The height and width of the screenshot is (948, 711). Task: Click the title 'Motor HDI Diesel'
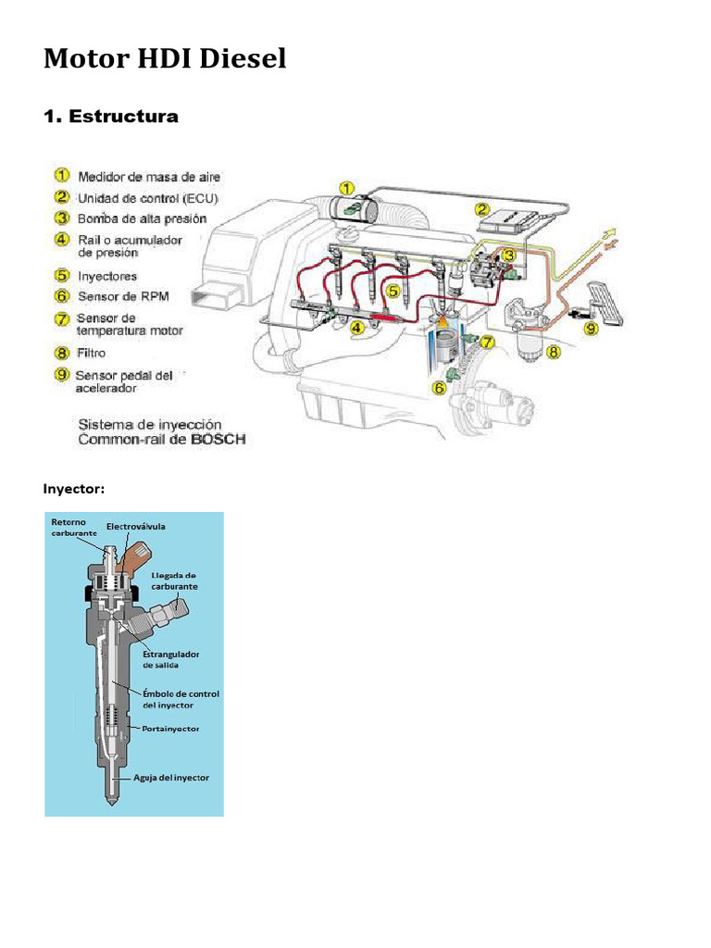[x=166, y=59]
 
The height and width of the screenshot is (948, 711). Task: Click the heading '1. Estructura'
[x=111, y=117]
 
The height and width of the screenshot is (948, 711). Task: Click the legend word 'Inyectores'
[x=107, y=276]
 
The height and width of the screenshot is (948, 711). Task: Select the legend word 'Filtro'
[x=92, y=353]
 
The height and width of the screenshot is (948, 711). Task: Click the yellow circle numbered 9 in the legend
[x=60, y=375]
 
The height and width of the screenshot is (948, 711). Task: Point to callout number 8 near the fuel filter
[x=553, y=352]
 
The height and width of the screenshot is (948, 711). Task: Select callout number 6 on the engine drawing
[x=440, y=389]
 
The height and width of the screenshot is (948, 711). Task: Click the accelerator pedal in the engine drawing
[x=601, y=306]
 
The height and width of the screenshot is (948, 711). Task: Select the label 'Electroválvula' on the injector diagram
[x=135, y=526]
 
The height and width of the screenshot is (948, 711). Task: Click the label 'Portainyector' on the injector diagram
[x=170, y=729]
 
